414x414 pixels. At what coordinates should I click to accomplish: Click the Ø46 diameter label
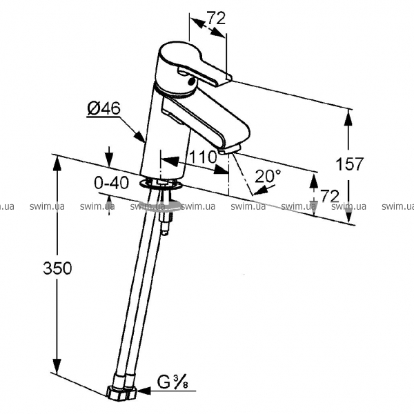pos(104,108)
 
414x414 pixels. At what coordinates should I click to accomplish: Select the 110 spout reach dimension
pos(203,157)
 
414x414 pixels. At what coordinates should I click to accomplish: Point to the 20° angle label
pos(268,176)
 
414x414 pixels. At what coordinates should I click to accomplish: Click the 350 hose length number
pos(57,268)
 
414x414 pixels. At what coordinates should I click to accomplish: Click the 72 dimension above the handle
pos(216,19)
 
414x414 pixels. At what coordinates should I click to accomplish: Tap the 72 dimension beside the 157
pos(329,197)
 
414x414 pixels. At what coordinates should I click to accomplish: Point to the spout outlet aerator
pos(229,148)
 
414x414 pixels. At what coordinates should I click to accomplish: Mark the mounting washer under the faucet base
pos(159,184)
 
